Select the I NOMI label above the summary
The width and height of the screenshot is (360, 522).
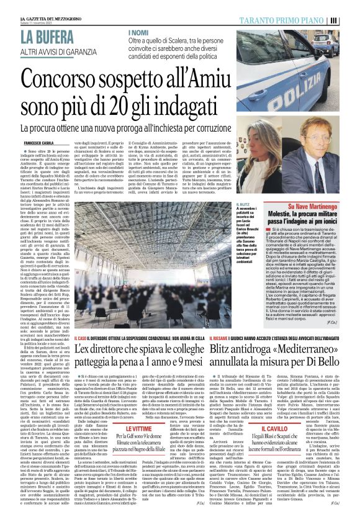pyautogui.click(x=138, y=32)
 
